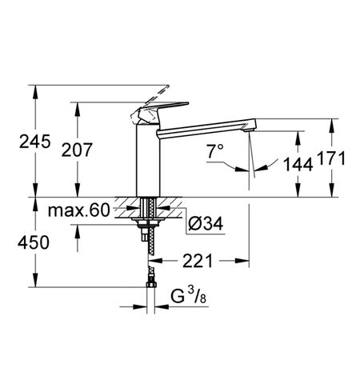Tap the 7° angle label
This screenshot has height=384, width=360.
click(214, 149)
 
